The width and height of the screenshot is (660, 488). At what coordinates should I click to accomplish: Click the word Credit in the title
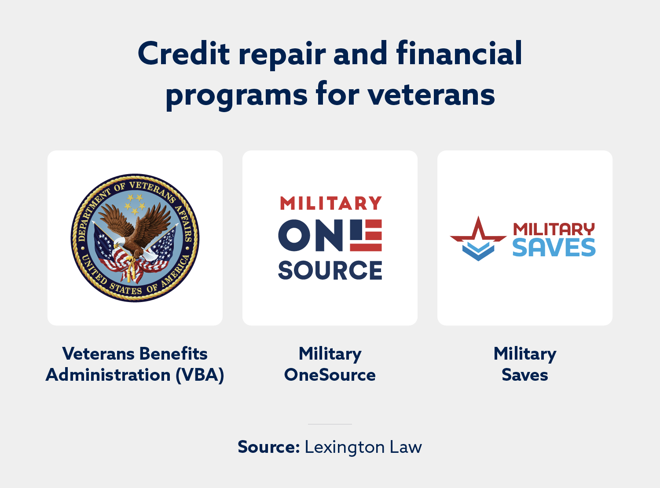[x=184, y=54]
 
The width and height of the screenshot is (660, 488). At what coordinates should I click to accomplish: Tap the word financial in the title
[x=459, y=54]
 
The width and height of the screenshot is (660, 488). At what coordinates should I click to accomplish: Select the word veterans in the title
[x=431, y=95]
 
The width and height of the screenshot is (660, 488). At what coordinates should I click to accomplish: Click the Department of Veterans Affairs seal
[x=135, y=238]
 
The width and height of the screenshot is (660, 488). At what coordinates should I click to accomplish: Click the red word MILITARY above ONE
[x=330, y=204]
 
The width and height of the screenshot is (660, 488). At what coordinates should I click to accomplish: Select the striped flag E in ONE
[x=366, y=235]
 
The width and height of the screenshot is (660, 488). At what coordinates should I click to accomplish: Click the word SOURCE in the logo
[x=330, y=270]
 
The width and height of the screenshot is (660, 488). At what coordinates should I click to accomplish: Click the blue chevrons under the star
[x=478, y=251]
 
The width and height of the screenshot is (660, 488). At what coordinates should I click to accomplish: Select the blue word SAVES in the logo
[x=554, y=248]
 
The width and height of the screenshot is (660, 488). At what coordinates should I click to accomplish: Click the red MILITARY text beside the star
[x=554, y=229]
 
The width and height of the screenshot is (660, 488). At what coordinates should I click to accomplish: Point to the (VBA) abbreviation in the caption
[x=200, y=375]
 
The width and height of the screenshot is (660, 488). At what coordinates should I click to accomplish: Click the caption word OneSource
[x=330, y=375]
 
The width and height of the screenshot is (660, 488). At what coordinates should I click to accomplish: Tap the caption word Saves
[x=525, y=375]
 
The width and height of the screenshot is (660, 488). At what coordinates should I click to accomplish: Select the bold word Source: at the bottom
[x=268, y=447]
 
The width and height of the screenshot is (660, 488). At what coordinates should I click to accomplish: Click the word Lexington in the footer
[x=345, y=448]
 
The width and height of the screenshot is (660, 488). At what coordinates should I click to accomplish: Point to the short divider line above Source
[x=330, y=424]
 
